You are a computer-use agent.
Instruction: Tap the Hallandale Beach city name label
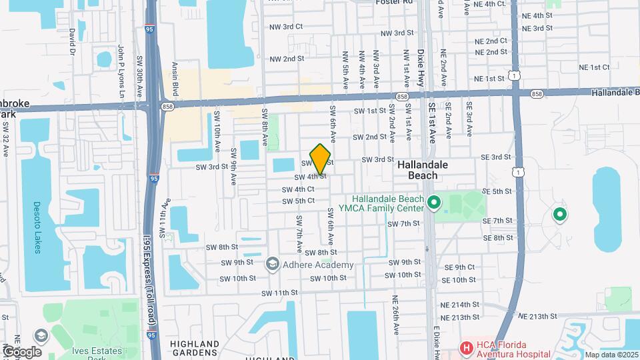pyautogui.click(x=427, y=170)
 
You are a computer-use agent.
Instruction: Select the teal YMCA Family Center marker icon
pyautogui.click(x=434, y=201)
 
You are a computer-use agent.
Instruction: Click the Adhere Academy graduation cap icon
pyautogui.click(x=272, y=265)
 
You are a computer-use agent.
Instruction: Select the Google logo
pyautogui.click(x=22, y=351)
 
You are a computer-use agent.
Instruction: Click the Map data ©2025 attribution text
pyautogui.click(x=611, y=355)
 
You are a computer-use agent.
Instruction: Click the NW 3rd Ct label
pyautogui.click(x=287, y=27)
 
